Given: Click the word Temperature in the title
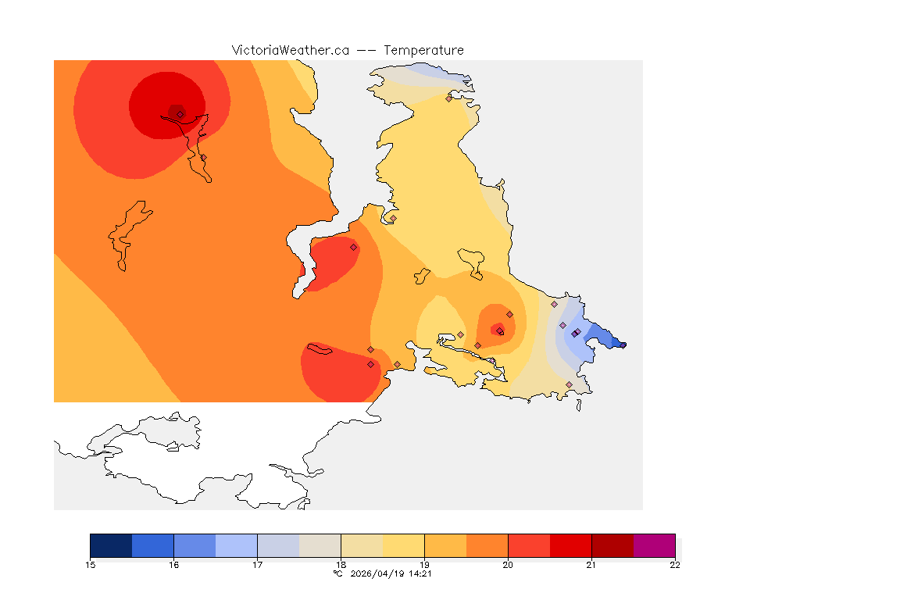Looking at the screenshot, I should click(x=424, y=50).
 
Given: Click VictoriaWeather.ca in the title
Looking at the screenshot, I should click(x=290, y=50).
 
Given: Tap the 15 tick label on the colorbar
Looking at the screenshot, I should click(x=91, y=565).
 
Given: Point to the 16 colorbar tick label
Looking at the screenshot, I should click(x=174, y=565).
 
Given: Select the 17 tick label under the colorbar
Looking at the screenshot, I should click(x=258, y=565).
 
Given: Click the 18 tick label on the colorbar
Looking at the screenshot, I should click(x=341, y=565).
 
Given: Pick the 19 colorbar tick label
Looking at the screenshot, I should click(x=424, y=565).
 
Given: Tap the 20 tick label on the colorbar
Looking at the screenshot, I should click(x=508, y=565).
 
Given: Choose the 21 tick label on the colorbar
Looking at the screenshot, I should click(x=591, y=565).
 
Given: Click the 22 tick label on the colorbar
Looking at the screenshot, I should click(x=674, y=565).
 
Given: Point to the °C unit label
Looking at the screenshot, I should click(x=337, y=573).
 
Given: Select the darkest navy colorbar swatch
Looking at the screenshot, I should click(x=111, y=545).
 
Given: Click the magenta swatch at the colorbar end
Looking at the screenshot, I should click(x=654, y=545).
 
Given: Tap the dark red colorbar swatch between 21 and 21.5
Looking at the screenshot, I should click(x=612, y=545).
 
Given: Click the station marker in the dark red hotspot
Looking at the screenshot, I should click(x=180, y=114).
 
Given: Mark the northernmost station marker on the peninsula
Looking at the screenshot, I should click(x=449, y=98).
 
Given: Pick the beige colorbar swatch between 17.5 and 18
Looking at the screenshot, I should click(x=320, y=545).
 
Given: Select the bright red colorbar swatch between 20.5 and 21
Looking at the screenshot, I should click(x=570, y=545).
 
